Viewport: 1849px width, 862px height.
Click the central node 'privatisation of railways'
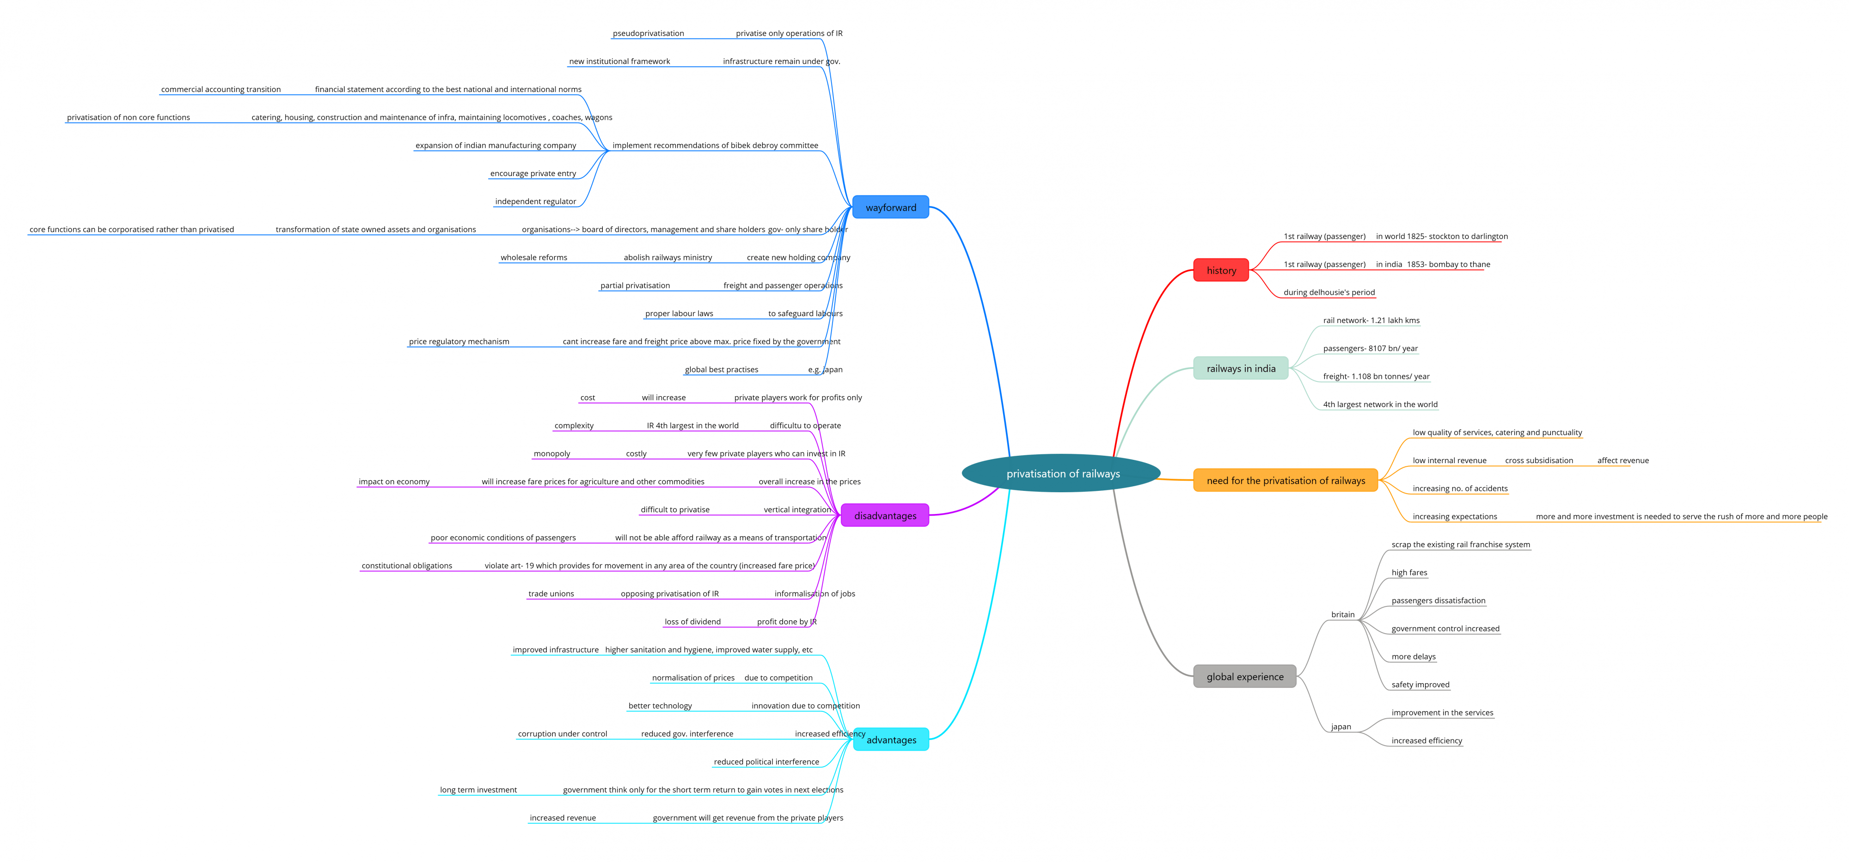1062,473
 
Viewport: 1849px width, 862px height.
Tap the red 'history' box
1221,270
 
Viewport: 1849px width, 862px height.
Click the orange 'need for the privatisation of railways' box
1286,480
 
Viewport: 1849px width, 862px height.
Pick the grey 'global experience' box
1245,676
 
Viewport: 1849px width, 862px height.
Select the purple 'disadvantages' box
885,515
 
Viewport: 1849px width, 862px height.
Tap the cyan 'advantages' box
891,739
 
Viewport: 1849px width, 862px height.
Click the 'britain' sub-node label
1343,614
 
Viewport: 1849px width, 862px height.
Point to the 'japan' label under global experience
1341,727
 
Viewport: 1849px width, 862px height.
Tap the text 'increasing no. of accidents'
1460,488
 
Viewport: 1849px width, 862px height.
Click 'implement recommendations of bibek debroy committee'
715,145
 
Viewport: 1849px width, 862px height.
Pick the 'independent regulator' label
535,201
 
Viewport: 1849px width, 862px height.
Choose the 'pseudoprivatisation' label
648,33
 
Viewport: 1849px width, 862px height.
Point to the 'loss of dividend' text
692,622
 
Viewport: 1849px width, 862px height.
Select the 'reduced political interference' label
766,762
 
